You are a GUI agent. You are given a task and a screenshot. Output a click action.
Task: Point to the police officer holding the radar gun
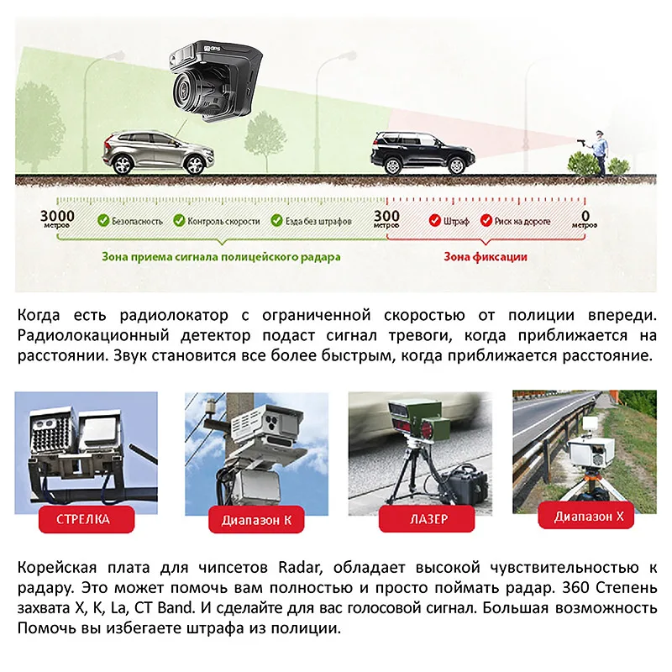[x=599, y=150]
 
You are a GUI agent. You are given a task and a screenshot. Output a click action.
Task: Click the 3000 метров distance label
[x=57, y=219]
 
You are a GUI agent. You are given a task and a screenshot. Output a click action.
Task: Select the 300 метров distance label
[x=387, y=219]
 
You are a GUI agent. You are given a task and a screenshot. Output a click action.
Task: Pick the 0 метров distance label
[x=585, y=219]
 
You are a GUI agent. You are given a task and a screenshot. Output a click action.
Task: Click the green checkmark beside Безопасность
[x=102, y=221]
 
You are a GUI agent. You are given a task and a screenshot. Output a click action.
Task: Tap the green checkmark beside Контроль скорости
[x=179, y=221]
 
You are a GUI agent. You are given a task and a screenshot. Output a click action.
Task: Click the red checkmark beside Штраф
[x=435, y=221]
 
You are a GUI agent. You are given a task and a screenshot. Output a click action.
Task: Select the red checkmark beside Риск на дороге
[x=486, y=221]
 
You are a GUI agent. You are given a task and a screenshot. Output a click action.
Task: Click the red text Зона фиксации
[x=486, y=256]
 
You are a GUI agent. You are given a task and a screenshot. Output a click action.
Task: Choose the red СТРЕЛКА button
[x=82, y=519]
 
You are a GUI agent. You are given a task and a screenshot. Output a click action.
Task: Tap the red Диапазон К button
[x=256, y=520]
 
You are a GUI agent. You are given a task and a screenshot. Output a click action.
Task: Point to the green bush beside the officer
[x=580, y=162]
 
